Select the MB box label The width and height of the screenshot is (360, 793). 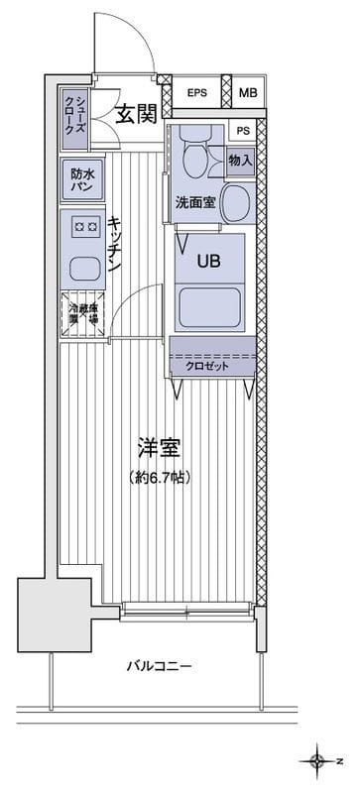248,93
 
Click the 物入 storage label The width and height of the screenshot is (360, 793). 240,160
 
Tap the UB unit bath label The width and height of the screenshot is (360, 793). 208,262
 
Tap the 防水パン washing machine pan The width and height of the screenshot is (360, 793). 80,179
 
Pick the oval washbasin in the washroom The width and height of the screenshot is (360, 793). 235,203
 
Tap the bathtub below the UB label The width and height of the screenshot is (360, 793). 208,307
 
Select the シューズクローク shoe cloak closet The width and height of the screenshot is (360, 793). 78,113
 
